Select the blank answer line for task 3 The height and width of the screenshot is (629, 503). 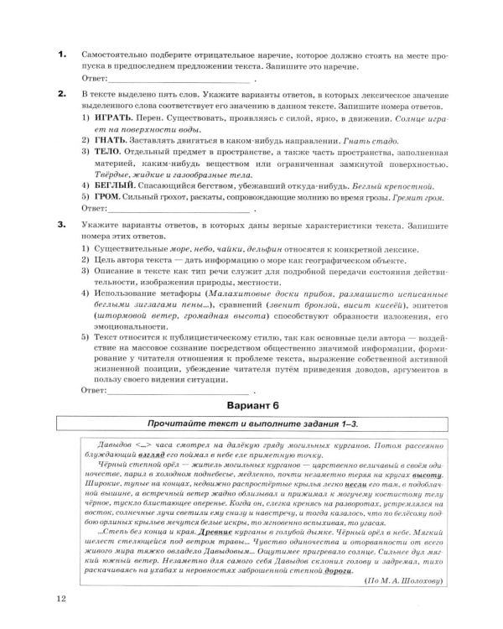(x=179, y=391)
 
